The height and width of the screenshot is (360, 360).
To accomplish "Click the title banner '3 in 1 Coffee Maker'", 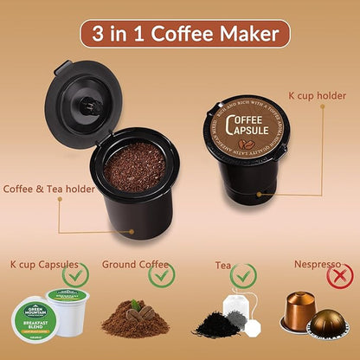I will (180, 35).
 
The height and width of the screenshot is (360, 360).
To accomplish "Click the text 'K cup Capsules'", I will (44, 264).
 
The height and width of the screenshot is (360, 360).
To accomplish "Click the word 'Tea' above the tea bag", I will (223, 265).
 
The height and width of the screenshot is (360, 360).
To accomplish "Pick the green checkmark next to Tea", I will (244, 277).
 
